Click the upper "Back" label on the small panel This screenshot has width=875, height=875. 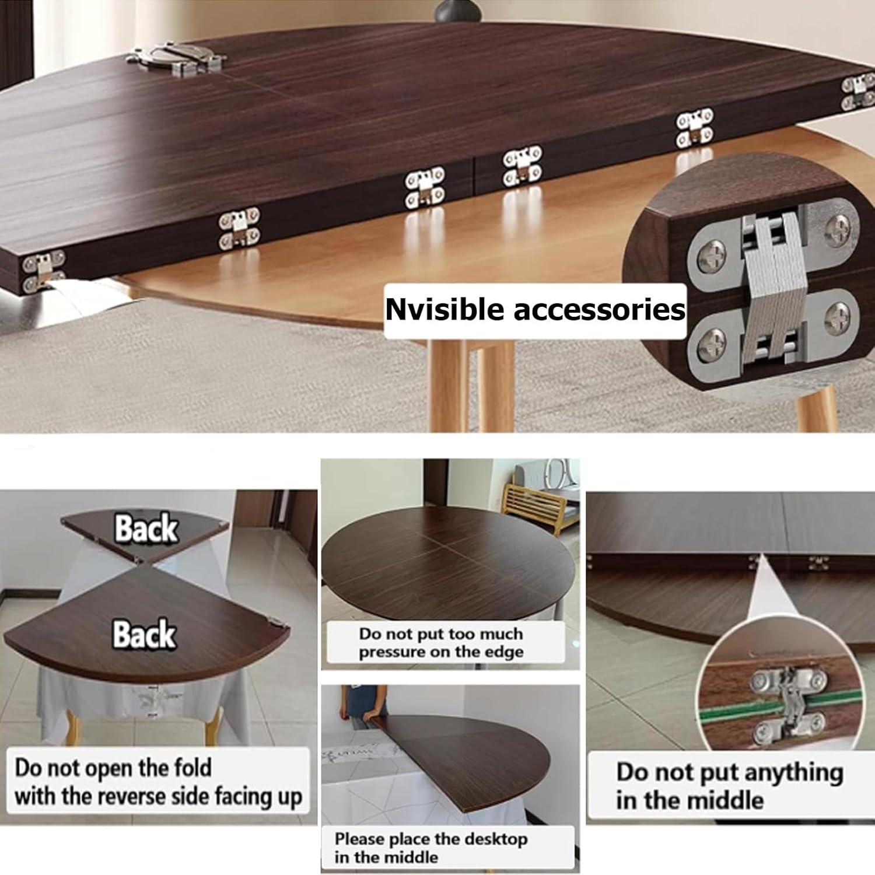click(x=146, y=528)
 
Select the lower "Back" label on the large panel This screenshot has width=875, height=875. click(x=144, y=634)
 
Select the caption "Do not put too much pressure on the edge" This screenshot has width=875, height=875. click(x=441, y=642)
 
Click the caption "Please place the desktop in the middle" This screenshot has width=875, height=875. click(x=432, y=848)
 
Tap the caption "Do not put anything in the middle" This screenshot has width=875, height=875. click(x=729, y=786)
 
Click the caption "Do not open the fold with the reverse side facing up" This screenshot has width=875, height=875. click(x=157, y=782)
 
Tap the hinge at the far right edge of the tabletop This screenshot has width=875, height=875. click(x=856, y=92)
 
